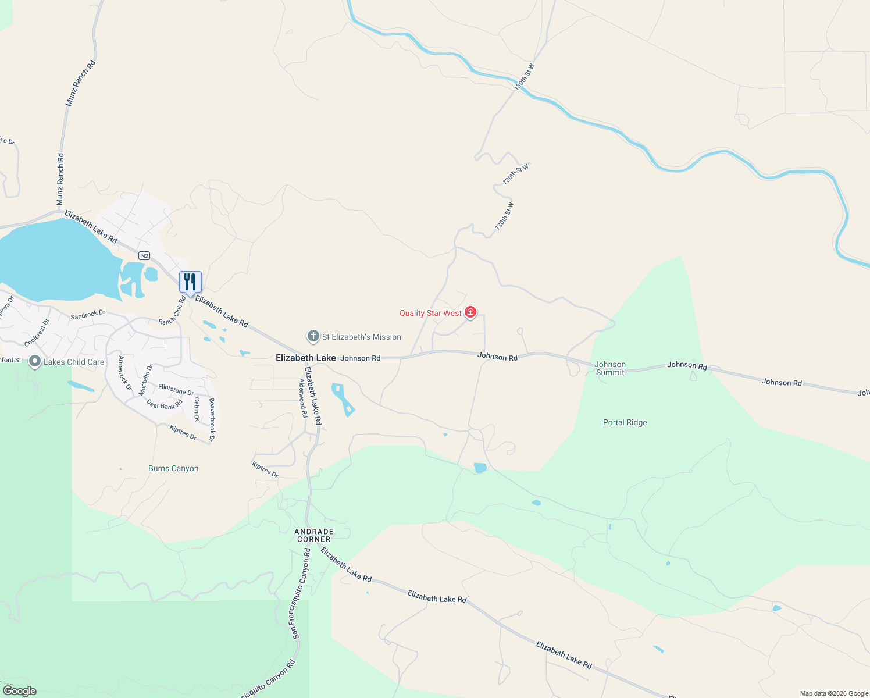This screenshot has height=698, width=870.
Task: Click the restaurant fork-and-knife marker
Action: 190,282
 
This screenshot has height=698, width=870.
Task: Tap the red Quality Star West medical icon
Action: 470,313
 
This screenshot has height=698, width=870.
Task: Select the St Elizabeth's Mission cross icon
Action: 313,336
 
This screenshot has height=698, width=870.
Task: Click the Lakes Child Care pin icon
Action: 35,362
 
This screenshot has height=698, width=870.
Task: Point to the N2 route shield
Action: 145,255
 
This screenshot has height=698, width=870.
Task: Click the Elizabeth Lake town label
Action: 305,358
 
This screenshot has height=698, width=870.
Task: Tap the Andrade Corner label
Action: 314,535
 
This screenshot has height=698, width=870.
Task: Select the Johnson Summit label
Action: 610,368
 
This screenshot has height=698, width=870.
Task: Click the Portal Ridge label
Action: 625,422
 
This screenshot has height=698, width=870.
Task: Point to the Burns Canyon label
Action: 173,468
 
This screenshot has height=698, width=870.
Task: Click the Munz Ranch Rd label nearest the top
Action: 80,83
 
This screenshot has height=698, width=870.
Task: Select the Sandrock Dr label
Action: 88,315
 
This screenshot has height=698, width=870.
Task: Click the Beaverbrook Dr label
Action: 212,420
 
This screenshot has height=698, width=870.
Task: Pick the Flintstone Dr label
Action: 176,390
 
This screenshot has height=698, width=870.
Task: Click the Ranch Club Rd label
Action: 172,311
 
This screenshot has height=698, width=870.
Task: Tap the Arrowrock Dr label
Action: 125,373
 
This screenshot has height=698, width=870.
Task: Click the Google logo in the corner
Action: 20,690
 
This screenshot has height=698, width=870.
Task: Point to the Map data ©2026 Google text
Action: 834,693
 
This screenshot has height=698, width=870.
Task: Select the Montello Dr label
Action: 145,380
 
